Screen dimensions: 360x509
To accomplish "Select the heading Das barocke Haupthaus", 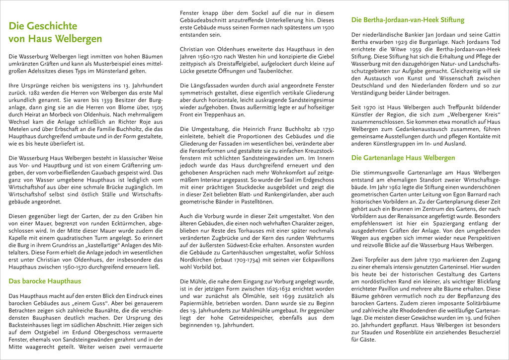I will click(x=45, y=281).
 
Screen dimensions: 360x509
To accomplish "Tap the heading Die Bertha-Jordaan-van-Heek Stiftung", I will click(x=408, y=20).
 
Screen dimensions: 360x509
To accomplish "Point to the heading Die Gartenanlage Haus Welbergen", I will click(x=403, y=158).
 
